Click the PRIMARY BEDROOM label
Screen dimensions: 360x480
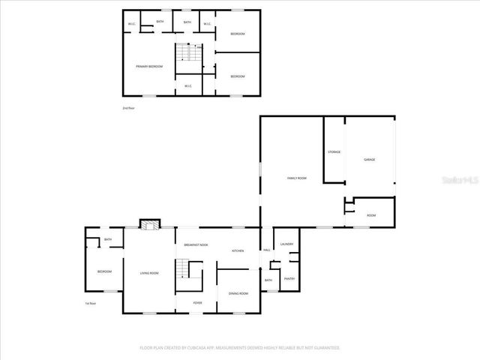click(149, 67)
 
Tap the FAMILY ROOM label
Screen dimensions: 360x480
click(297, 178)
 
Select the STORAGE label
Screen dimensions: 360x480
click(334, 152)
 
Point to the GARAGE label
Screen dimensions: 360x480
click(369, 160)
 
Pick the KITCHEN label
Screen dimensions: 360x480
click(238, 250)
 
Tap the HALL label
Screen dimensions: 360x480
click(266, 250)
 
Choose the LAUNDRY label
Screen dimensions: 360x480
click(286, 244)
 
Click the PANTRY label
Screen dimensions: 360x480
click(289, 279)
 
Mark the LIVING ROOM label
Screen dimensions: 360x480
click(149, 273)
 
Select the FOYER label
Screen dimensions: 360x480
click(197, 302)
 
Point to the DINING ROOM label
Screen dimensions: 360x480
click(238, 292)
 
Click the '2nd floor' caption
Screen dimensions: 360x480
click(128, 108)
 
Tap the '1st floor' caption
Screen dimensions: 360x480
click(90, 303)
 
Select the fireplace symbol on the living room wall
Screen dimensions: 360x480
click(149, 224)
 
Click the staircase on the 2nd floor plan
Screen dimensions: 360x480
click(189, 54)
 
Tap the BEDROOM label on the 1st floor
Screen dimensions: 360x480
click(103, 271)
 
